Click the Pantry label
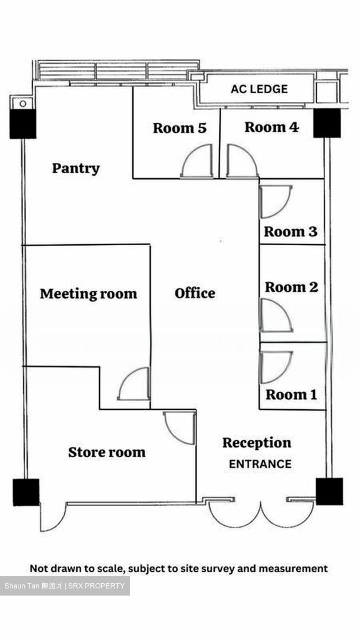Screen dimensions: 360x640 [x=76, y=168]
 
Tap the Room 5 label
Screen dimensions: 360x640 [x=180, y=128]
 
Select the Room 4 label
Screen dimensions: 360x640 [x=272, y=127]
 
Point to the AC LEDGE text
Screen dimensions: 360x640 [x=259, y=89]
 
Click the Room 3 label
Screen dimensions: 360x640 [x=291, y=232]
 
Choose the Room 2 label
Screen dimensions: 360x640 [x=292, y=287]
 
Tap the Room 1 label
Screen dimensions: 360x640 [x=291, y=395]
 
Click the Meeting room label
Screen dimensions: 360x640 [x=88, y=294]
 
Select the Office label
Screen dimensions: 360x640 [x=195, y=293]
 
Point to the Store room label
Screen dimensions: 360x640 [x=107, y=452]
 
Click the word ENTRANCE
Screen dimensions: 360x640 [x=260, y=464]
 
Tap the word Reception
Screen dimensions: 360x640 [x=257, y=443]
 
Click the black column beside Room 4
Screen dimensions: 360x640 [x=327, y=123]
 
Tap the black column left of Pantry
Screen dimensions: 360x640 [x=23, y=124]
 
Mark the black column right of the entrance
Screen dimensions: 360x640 [x=329, y=492]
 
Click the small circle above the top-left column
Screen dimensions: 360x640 [x=23, y=104]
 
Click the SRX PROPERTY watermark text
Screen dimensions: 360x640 [x=96, y=586]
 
